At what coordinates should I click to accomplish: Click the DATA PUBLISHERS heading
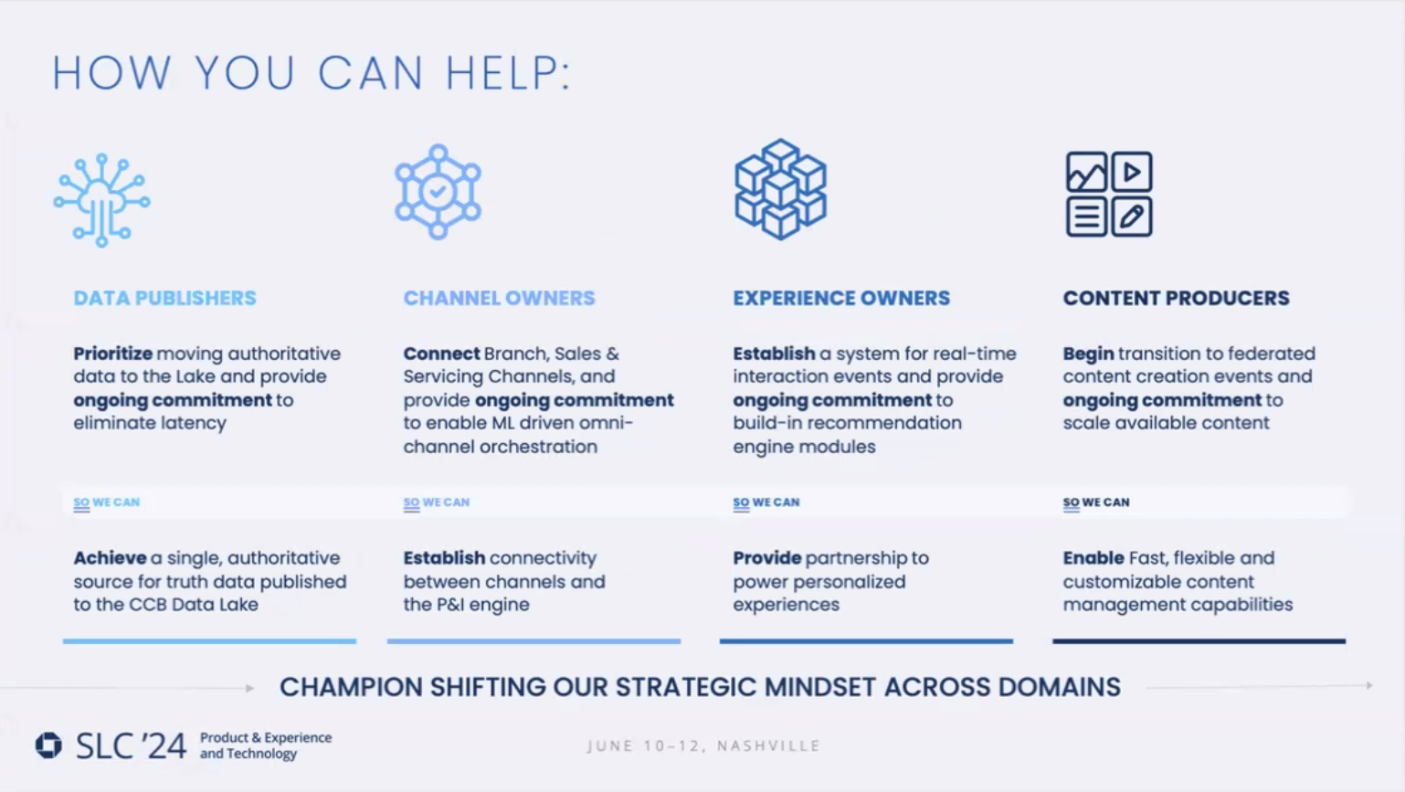[164, 298]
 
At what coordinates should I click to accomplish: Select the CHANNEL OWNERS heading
[499, 298]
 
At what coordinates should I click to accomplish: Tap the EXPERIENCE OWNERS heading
[840, 298]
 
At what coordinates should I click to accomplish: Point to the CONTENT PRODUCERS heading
[1176, 298]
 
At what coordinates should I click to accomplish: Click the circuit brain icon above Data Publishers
[101, 200]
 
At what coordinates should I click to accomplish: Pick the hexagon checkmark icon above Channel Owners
[438, 192]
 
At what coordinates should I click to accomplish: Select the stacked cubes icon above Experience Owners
[780, 189]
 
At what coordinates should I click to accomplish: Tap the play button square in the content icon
[1132, 172]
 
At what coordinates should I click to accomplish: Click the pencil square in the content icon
[1132, 217]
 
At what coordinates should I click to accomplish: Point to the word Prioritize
[112, 354]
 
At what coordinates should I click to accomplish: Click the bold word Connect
[441, 354]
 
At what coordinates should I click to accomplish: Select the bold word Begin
[1088, 354]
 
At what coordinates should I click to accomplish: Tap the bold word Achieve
[110, 558]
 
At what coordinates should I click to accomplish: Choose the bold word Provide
[766, 558]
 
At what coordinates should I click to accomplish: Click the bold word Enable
[1093, 558]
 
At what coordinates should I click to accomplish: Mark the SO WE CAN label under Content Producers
[1096, 502]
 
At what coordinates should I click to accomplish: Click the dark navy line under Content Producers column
[1199, 641]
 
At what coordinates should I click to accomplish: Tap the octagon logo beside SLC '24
[48, 745]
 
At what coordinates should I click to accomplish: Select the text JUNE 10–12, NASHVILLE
[703, 746]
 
